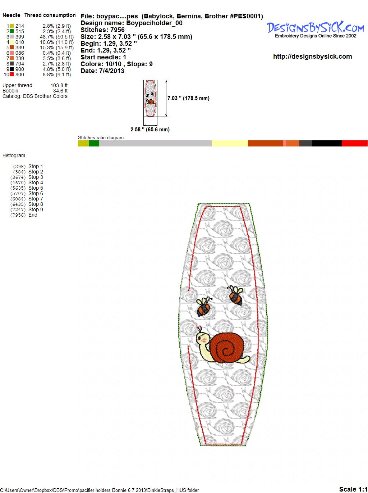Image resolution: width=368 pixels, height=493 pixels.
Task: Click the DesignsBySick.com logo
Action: (315, 30)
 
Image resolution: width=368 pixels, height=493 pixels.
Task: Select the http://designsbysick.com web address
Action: (312, 56)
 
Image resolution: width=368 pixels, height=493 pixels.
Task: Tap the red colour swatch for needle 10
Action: (11, 74)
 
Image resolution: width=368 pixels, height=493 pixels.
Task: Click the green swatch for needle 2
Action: (11, 31)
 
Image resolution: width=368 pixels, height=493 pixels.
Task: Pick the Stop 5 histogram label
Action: (36, 188)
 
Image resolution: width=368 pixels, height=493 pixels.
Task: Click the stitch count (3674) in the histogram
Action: (18, 177)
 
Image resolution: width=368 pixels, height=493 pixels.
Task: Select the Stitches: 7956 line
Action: (102, 30)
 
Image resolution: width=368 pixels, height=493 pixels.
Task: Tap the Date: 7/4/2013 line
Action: (102, 71)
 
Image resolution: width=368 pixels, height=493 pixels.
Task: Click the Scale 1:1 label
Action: (353, 489)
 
